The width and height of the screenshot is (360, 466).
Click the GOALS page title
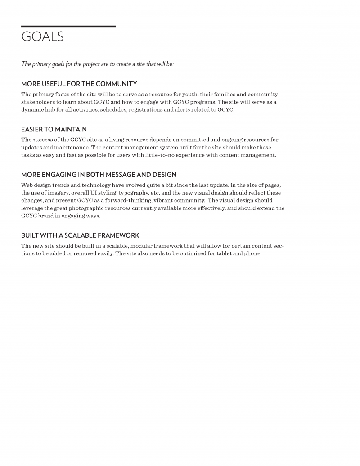pyautogui.click(x=42, y=36)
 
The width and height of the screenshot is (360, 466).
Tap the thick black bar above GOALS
pyautogui.click(x=68, y=27)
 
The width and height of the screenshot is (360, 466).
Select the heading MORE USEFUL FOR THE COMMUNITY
pyautogui.click(x=79, y=84)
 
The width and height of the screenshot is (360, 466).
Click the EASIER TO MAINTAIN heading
pyautogui.click(x=54, y=129)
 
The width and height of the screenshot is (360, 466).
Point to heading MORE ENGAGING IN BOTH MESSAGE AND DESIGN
pyautogui.click(x=99, y=175)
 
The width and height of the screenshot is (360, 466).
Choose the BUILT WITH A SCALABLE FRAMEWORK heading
pyautogui.click(x=80, y=235)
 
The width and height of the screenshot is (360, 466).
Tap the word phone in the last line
pyautogui.click(x=253, y=253)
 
